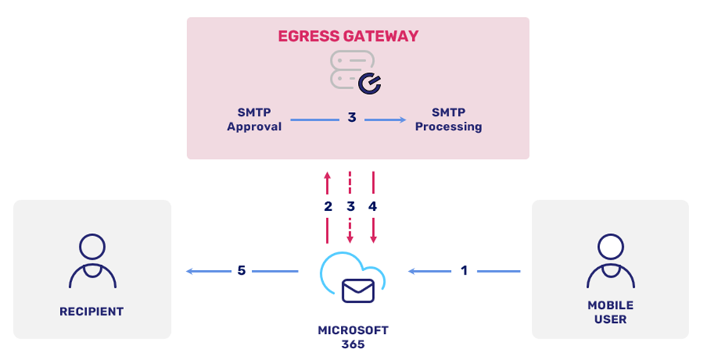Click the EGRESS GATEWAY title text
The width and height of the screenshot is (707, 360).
click(348, 36)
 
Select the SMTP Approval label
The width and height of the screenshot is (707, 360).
click(254, 120)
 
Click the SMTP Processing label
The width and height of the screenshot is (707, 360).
click(448, 120)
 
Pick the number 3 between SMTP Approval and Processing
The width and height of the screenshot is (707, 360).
click(352, 117)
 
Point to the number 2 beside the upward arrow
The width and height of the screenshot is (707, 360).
click(328, 207)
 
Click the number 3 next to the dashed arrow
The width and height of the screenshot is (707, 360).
click(351, 207)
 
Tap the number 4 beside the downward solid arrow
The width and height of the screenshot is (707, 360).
click(373, 207)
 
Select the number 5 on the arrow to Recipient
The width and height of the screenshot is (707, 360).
click(241, 271)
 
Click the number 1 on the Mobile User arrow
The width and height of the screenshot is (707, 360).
click(464, 271)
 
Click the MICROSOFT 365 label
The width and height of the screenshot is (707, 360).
click(353, 336)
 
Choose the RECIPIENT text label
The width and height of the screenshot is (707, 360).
click(91, 312)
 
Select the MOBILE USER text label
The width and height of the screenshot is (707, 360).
click(610, 312)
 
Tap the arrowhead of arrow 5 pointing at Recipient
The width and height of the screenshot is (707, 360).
click(190, 272)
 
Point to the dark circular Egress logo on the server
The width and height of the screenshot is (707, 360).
click(369, 85)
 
